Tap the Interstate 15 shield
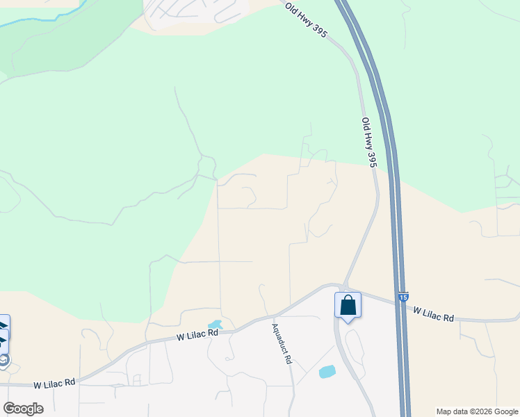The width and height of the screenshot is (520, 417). point(404,297)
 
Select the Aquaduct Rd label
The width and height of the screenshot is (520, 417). point(282,344)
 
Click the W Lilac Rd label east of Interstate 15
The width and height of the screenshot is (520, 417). point(434,314)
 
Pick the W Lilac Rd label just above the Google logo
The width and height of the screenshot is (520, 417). point(55,384)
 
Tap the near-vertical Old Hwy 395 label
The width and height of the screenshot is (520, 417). point(369,142)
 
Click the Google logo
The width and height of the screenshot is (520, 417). point(23,409)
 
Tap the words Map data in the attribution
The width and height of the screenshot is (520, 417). point(452,411)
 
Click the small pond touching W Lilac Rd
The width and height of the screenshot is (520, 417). point(215,325)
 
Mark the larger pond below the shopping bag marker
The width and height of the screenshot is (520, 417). point(327,372)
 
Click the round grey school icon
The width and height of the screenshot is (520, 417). point(4,359)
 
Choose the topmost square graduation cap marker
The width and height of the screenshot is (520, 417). point(3,325)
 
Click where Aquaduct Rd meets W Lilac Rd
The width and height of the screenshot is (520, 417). point(271,317)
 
